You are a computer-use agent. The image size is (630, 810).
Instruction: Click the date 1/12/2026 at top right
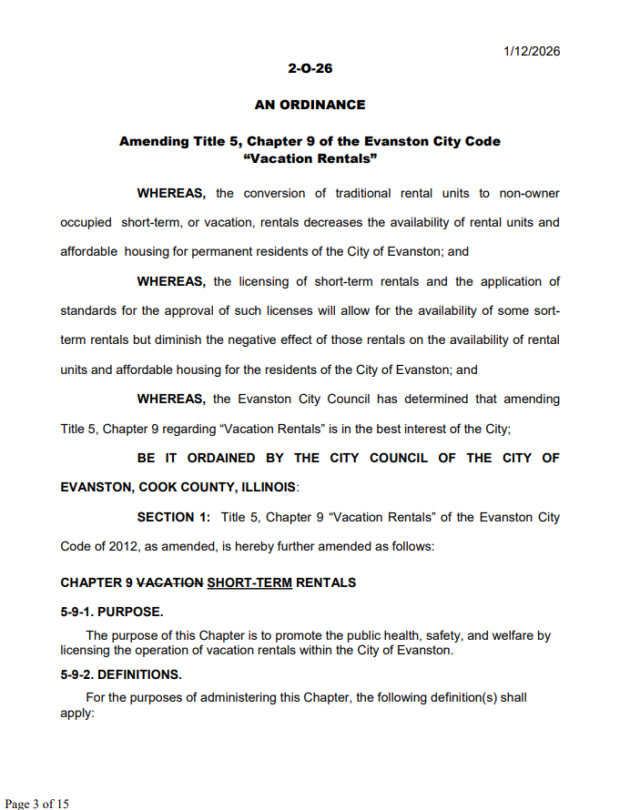tap(532, 51)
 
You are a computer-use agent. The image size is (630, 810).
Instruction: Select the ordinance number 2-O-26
tap(310, 68)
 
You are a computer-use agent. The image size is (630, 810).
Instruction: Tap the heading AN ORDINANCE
tap(310, 105)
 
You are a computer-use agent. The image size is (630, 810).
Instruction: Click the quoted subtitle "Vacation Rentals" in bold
tap(310, 158)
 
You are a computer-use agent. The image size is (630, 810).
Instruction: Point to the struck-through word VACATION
tap(169, 582)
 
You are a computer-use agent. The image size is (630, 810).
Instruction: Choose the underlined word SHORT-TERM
tap(249, 582)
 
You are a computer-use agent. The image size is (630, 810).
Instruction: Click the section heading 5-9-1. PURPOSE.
tap(112, 612)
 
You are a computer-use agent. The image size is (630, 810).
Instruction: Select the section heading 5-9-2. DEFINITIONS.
tap(121, 674)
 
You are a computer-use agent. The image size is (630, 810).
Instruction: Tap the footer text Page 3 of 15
tap(37, 803)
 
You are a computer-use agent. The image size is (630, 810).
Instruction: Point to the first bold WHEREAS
tap(171, 193)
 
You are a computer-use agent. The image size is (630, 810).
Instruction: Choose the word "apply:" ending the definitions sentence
tap(77, 714)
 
